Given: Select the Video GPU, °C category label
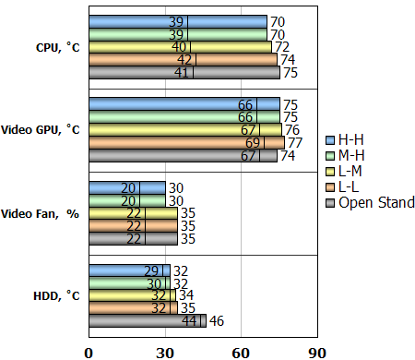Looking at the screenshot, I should coord(41,130).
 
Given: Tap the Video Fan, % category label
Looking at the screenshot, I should coord(44,213).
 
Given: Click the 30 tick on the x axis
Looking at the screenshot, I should coord(165,352).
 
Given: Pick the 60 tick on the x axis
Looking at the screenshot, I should coord(241,352).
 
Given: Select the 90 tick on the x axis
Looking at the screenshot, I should coord(316,352).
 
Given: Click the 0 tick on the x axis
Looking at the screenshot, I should coord(89,352).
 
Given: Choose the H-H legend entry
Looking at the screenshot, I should coord(356,139).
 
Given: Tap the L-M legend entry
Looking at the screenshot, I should coord(356,171).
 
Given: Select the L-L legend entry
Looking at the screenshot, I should coord(354,186).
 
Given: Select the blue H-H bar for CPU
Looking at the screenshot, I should coord(177,21).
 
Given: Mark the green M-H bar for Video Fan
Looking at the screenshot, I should coord(127,200).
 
